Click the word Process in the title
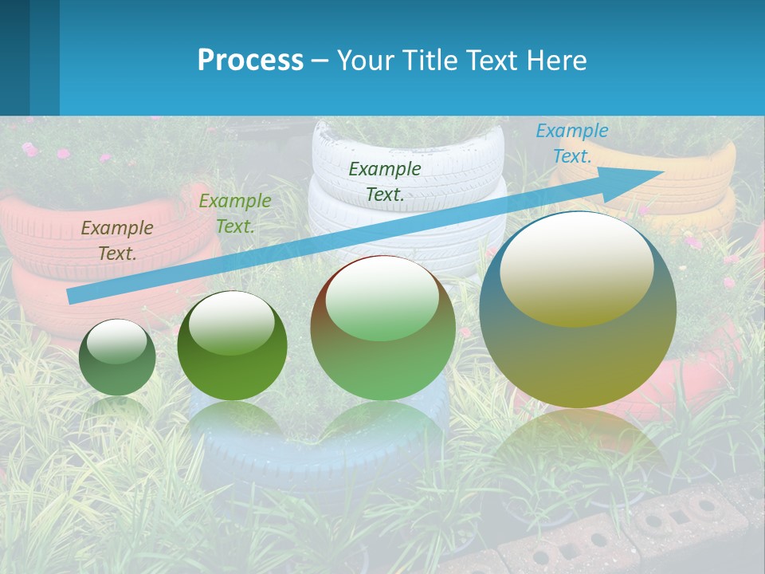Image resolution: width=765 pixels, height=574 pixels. coord(250,60)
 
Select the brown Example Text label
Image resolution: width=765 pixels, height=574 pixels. coord(117,240)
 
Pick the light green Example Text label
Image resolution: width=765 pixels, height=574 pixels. coord(235,213)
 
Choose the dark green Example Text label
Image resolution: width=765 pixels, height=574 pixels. coord(385,181)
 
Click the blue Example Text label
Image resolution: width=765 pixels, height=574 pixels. coord(571,143)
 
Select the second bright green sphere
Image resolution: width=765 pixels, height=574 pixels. coord(232,351)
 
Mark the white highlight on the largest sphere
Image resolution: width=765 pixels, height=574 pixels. coord(576,267)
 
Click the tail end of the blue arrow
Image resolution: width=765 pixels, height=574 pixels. coord(72,296)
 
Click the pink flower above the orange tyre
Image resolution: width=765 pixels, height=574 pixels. coord(30,149)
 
